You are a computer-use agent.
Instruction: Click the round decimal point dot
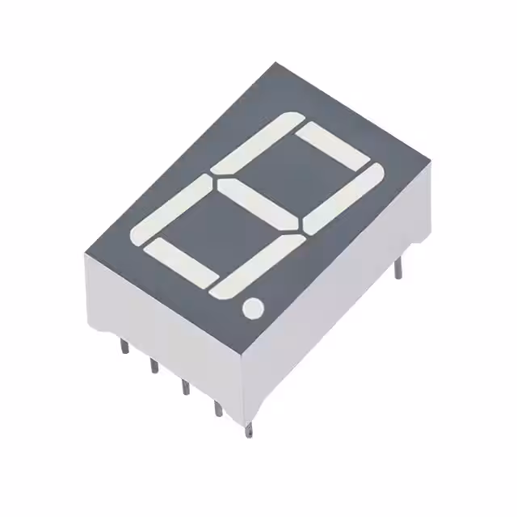tap(253, 307)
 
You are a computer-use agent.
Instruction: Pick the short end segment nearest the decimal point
tap(181, 263)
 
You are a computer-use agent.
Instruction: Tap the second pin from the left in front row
tap(153, 366)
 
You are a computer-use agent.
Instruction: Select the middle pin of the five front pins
tap(185, 385)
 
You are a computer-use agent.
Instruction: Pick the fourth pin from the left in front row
tap(217, 409)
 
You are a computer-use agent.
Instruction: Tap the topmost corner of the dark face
tap(274, 63)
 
